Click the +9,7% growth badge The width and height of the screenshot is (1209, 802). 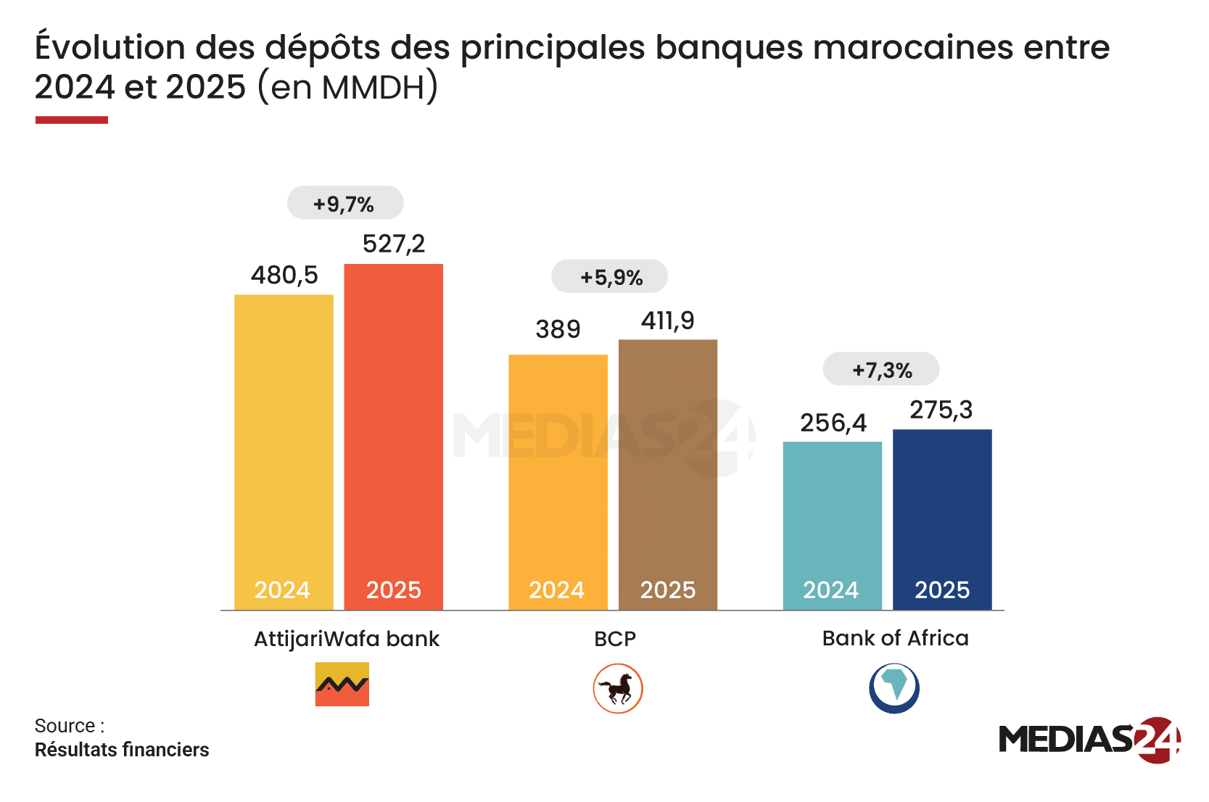tap(345, 203)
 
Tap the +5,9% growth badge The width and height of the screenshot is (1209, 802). tap(609, 276)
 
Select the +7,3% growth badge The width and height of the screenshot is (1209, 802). tap(880, 369)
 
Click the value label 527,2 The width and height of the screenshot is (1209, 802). tap(394, 244)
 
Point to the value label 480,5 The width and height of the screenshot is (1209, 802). tap(284, 275)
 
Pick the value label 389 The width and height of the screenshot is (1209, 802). tap(558, 329)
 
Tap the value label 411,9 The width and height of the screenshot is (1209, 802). tap(667, 321)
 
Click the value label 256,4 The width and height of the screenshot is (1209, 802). tap(833, 423)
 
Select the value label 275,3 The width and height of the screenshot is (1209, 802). tap(941, 410)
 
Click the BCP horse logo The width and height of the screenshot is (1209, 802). tap(618, 688)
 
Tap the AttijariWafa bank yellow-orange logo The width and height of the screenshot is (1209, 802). tap(342, 684)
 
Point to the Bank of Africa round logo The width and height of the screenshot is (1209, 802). tap(894, 687)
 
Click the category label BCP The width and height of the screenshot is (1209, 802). tap(614, 639)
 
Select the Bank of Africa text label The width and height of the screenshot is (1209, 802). tap(895, 638)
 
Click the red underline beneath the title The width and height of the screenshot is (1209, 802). tap(72, 120)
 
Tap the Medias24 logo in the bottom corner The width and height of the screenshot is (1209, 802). tap(1089, 740)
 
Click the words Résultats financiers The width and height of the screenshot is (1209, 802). tap(121, 750)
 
